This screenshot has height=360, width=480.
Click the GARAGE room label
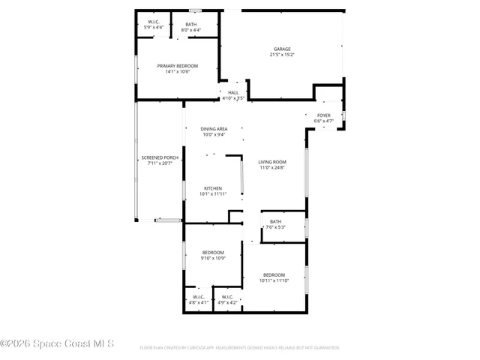pyautogui.click(x=282, y=49)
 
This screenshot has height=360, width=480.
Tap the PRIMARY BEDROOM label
pyautogui.click(x=177, y=66)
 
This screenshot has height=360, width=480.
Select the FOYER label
pyautogui.click(x=323, y=115)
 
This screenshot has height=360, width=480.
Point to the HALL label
pyautogui.click(x=233, y=92)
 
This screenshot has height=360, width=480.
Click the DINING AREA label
pyautogui.click(x=213, y=130)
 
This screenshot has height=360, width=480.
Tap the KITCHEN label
pyautogui.click(x=213, y=187)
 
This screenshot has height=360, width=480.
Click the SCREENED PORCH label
pyautogui.click(x=160, y=157)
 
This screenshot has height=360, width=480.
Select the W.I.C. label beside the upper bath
pyautogui.click(x=153, y=22)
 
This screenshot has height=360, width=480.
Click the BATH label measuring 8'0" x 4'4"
pyautogui.click(x=191, y=24)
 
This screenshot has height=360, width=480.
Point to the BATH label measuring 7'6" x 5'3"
pyautogui.click(x=275, y=221)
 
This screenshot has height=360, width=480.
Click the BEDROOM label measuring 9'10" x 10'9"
pyautogui.click(x=212, y=253)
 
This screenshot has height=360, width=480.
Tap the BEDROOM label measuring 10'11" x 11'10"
pyautogui.click(x=273, y=275)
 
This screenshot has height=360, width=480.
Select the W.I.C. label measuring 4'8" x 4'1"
pyautogui.click(x=199, y=297)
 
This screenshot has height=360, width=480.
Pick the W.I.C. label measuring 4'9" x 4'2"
pyautogui.click(x=227, y=297)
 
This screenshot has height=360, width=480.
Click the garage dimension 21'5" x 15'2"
pyautogui.click(x=282, y=55)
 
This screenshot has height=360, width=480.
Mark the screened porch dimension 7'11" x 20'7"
pyautogui.click(x=160, y=163)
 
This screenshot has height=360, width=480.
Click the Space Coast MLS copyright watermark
pyautogui.click(x=57, y=344)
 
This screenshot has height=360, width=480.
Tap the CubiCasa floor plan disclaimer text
pyautogui.click(x=239, y=348)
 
